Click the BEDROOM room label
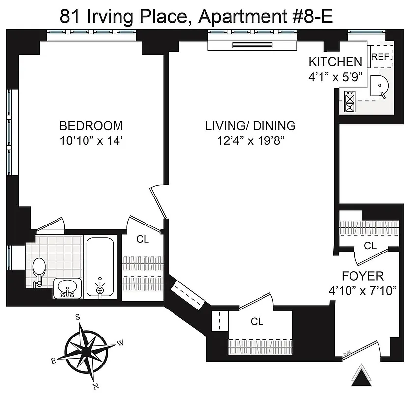(x=91, y=125)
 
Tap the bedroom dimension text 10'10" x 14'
(x=91, y=141)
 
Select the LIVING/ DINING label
(x=250, y=125)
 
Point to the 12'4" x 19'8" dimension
(x=250, y=141)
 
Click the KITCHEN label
(x=335, y=62)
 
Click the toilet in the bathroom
(x=38, y=269)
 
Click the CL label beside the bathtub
(x=143, y=239)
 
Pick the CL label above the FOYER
(x=370, y=245)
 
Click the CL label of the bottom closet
(x=257, y=322)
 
